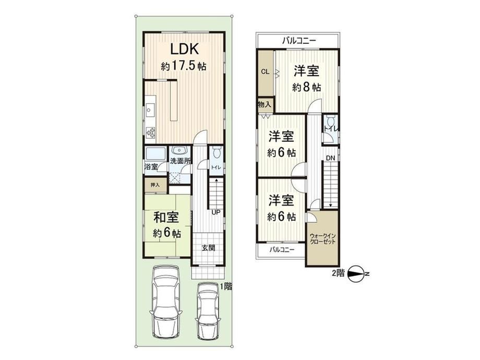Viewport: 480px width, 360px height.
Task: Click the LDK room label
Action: tap(185, 49)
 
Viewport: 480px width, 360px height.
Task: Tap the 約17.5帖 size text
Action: tap(184, 66)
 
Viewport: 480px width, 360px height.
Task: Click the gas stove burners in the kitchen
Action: tap(151, 131)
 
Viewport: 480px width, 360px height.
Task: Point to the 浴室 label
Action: tap(151, 167)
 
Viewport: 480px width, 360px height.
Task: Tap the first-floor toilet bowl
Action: tap(216, 153)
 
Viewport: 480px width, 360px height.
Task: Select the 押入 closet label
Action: tap(155, 185)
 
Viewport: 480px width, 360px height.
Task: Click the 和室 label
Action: tap(166, 218)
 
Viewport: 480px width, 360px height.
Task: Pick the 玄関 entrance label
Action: tap(208, 248)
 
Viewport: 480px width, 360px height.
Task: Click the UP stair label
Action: tap(216, 212)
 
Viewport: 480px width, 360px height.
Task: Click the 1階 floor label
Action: tap(226, 286)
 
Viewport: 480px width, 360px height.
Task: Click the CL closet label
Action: tap(265, 72)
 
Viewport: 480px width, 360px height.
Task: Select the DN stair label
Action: tap(330, 158)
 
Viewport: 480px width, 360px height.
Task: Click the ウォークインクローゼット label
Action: tap(322, 238)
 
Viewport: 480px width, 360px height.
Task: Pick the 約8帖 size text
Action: tap(306, 88)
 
